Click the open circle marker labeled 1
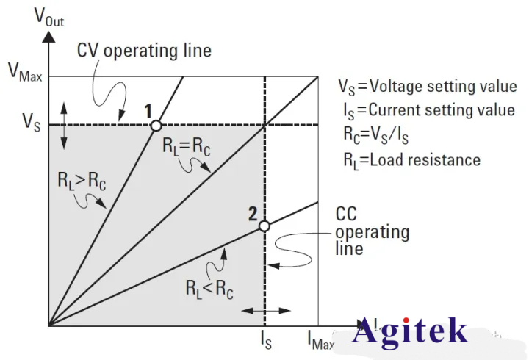156,126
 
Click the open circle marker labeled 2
264,226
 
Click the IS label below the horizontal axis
265,339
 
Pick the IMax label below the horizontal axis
320,339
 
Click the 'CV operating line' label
144,51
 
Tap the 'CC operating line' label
372,231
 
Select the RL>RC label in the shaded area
81,181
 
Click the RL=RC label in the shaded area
186,145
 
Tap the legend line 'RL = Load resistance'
411,159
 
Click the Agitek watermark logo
409,331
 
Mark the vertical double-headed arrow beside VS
63,126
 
